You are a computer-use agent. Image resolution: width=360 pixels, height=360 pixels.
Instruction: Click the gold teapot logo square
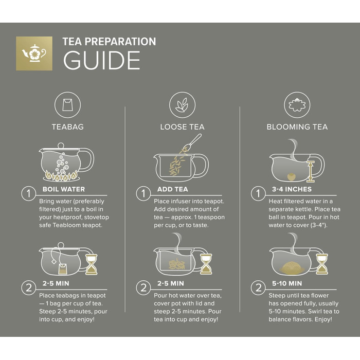tap(34, 53)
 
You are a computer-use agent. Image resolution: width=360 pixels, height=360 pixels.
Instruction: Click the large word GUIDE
tap(102, 60)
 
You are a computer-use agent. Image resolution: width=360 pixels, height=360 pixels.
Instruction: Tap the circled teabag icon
tap(67, 105)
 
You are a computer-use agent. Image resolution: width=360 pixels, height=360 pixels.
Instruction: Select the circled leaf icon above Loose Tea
tap(182, 105)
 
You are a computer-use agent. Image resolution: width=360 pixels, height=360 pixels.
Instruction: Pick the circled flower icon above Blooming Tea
tap(297, 105)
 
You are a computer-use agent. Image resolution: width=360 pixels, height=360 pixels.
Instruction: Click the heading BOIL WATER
tap(64, 189)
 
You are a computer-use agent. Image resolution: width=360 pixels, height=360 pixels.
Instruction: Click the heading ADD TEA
tap(173, 189)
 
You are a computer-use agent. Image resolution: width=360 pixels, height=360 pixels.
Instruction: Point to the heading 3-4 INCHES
tap(292, 189)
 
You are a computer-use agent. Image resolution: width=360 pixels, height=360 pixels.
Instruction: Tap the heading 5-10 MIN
tap(287, 283)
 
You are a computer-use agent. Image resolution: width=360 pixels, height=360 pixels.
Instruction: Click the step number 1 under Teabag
tap(28, 193)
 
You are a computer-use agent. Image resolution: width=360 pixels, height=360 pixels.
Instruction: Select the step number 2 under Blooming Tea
tap(258, 287)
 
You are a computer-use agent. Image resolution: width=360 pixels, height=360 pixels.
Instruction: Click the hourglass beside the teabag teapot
tap(92, 264)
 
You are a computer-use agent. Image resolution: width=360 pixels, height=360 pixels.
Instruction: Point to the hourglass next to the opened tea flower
tap(322, 264)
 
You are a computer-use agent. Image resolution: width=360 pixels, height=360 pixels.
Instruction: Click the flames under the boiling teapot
tap(61, 176)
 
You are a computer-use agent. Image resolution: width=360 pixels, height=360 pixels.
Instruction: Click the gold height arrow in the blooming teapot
tap(311, 171)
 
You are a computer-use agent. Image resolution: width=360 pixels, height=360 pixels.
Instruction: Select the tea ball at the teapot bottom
tap(292, 177)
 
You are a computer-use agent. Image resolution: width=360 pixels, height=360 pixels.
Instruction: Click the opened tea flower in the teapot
tap(292, 267)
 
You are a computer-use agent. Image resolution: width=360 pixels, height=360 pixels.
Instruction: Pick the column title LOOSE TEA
tap(182, 127)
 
